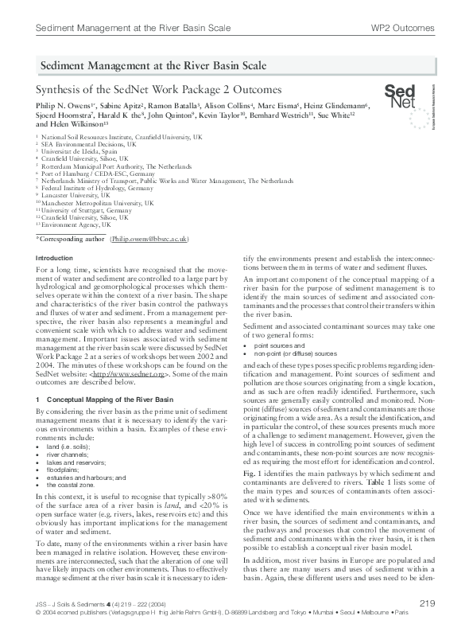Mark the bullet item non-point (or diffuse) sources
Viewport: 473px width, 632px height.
click(295, 353)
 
